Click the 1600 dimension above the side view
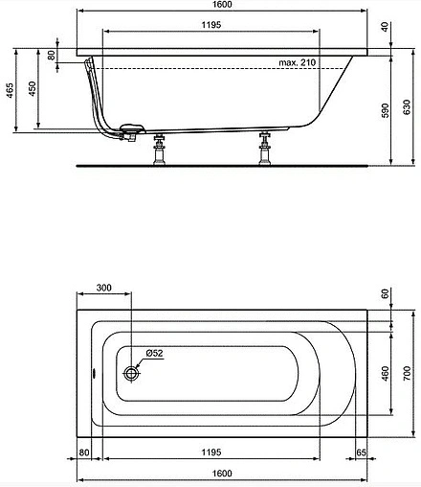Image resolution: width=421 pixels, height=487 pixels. point(221,6)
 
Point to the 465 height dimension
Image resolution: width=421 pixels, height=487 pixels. point(8,92)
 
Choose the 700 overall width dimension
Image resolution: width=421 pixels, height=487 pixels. point(407,370)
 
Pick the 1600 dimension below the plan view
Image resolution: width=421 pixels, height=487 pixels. point(221,473)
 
